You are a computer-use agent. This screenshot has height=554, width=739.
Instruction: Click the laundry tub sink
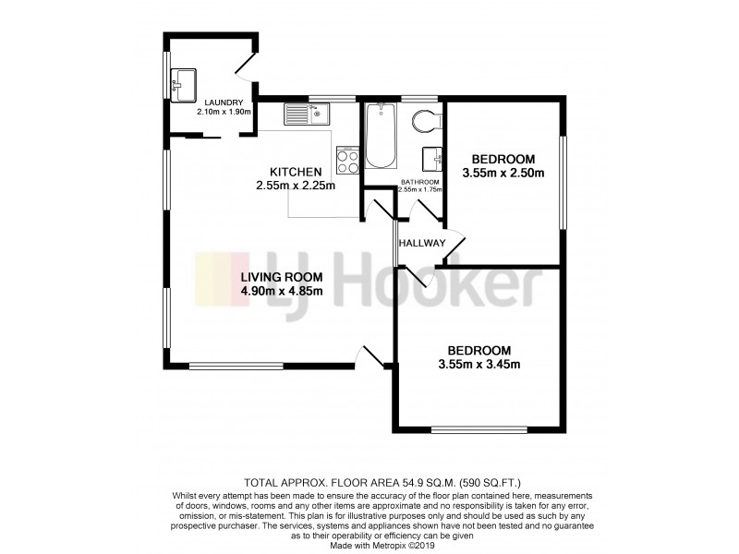(182, 84)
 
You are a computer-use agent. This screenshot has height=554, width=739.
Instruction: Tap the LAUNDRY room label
(224, 102)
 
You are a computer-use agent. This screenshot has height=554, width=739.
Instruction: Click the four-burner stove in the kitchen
(348, 162)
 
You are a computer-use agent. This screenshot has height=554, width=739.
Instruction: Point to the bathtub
(381, 136)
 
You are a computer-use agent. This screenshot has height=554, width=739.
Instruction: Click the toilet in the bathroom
(427, 122)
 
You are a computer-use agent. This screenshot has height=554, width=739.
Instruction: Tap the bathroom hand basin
(433, 159)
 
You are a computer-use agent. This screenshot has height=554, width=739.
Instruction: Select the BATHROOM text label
(419, 182)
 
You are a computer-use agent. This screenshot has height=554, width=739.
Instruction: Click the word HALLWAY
(422, 243)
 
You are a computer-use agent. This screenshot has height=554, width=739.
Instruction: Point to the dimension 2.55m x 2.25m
(296, 185)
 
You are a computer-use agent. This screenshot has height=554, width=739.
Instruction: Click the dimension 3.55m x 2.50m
(503, 172)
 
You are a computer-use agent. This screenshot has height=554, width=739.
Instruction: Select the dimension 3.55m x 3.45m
(479, 364)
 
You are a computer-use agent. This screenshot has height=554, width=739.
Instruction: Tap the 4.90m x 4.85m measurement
(282, 292)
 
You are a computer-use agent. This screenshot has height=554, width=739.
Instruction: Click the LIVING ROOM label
(282, 277)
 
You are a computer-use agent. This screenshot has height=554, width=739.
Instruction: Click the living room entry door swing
(372, 355)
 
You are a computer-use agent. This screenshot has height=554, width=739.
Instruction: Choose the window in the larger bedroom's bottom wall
(479, 429)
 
